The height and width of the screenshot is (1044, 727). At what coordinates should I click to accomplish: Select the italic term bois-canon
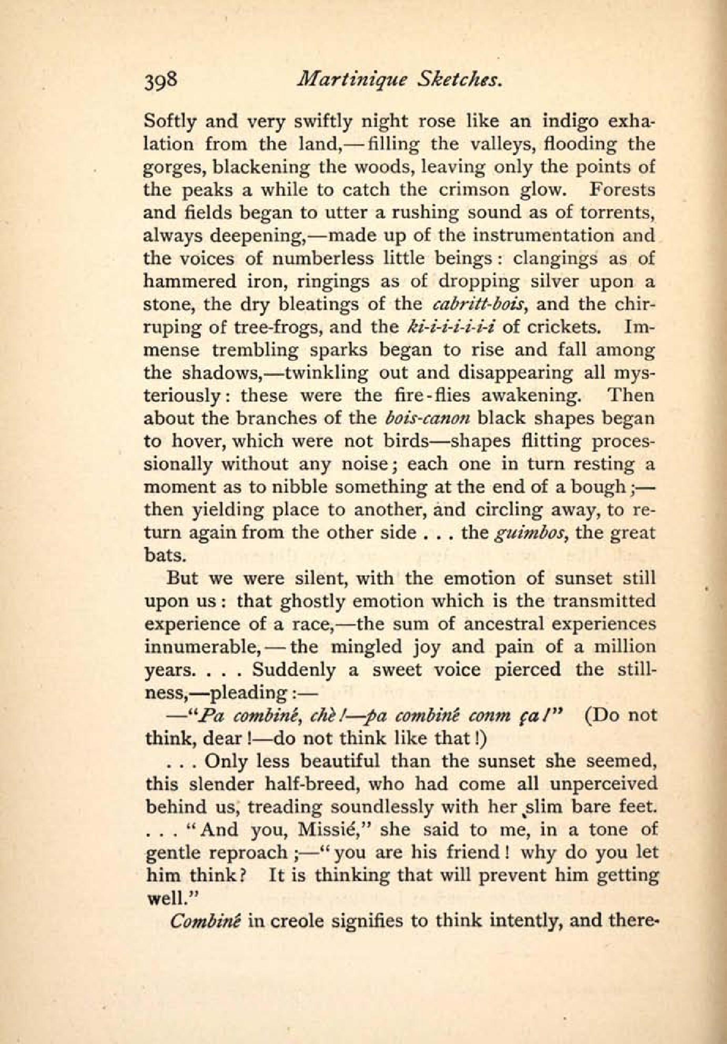coord(426,418)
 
